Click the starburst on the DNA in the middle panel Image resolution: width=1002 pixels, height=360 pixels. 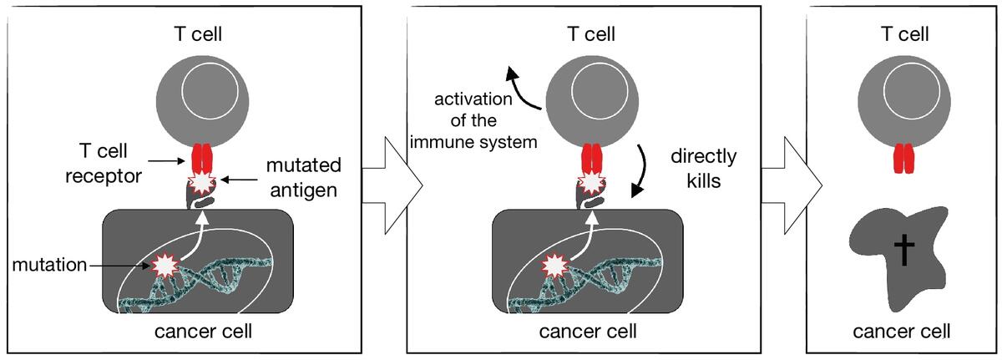(552, 266)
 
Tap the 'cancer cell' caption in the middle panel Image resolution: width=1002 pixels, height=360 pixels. (589, 332)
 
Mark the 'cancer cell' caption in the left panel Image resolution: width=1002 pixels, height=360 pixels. (204, 332)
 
